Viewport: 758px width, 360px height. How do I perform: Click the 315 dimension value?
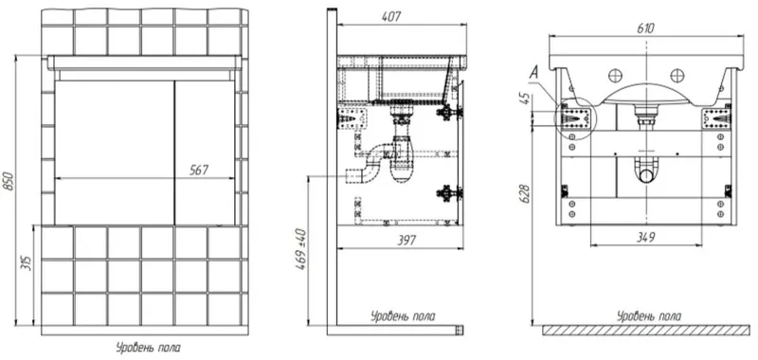[x=27, y=261]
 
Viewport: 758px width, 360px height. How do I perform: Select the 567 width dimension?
[x=200, y=170]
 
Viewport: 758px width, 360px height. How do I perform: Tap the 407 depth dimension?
[x=391, y=16]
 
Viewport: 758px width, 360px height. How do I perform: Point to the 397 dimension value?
[x=406, y=241]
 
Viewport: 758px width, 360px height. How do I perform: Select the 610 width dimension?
[x=646, y=28]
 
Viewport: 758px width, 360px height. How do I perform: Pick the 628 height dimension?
[x=527, y=193]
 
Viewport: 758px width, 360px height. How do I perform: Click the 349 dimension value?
[x=645, y=237]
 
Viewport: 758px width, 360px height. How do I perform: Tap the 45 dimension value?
[x=527, y=99]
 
